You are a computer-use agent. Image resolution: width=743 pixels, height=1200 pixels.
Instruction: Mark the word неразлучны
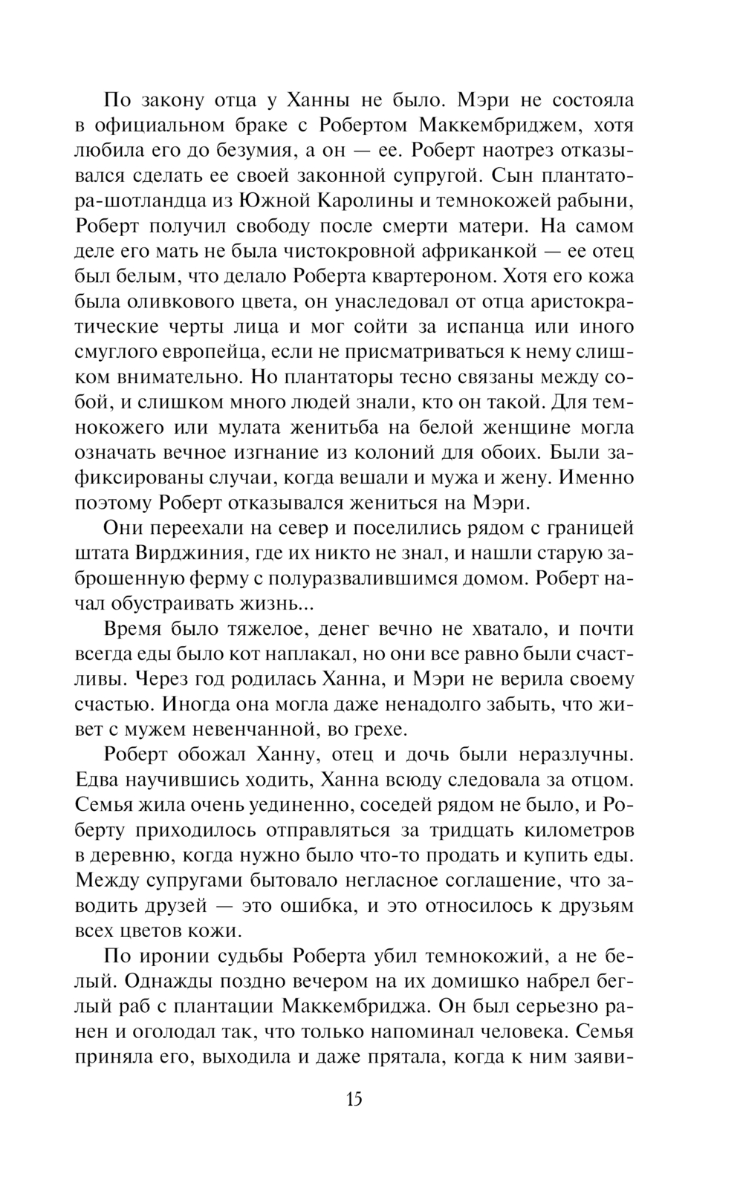click(x=568, y=756)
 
